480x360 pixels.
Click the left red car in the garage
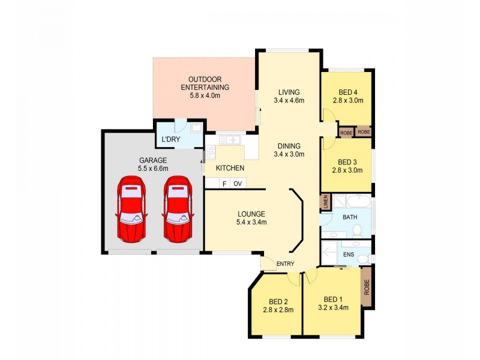click(131, 209)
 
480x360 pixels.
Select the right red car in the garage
click(178, 209)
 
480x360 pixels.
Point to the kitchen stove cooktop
click(210, 152)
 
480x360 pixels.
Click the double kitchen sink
click(229, 140)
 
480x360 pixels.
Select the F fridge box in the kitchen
click(224, 184)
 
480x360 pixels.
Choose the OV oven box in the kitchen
click(238, 184)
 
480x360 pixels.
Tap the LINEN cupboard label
click(325, 202)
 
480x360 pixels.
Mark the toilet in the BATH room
click(357, 229)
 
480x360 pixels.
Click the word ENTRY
click(285, 263)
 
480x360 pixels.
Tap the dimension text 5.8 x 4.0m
click(205, 95)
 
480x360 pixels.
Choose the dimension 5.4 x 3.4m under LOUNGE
click(251, 222)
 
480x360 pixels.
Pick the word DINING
click(289, 146)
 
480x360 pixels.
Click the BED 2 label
click(275, 302)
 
